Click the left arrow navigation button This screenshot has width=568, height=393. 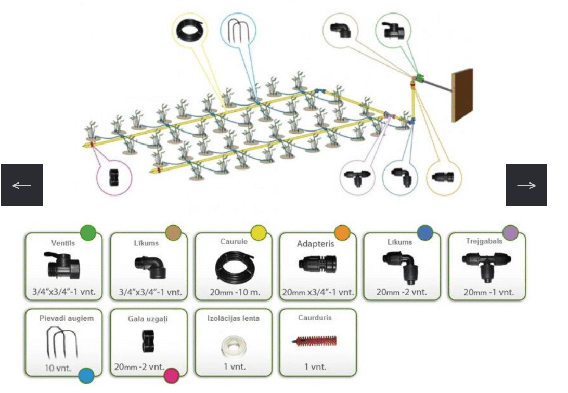pos(21,185)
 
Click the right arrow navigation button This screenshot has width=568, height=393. pos(526,185)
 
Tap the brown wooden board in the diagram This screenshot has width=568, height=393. pos(462,95)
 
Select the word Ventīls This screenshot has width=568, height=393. pos(63,242)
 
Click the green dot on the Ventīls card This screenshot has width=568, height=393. pos(88,232)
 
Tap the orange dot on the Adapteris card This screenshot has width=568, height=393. pos(341,232)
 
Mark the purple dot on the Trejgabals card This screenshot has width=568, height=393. pos(511,233)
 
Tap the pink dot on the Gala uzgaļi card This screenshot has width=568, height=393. pos(172,375)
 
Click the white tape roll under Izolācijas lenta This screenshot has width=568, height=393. pos(233,346)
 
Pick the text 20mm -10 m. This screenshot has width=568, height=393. pos(233,292)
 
